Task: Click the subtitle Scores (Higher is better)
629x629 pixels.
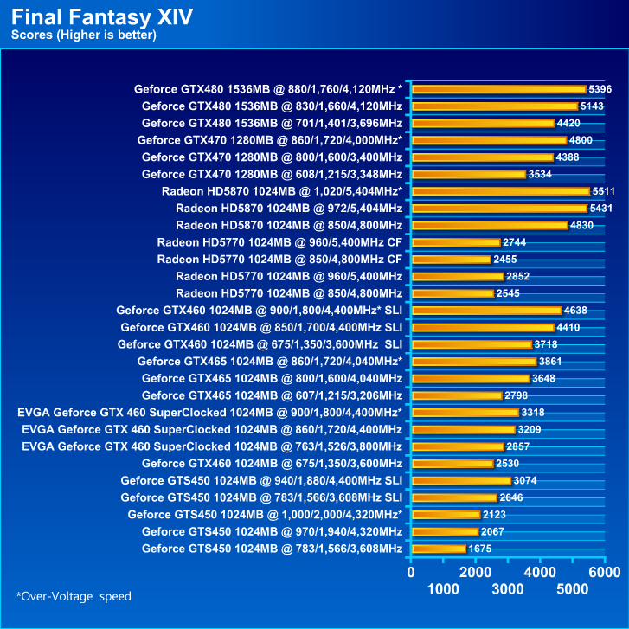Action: pos(83,35)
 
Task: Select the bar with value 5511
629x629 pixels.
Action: pos(500,191)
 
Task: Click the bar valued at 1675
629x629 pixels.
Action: pos(440,549)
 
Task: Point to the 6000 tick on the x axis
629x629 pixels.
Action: pos(605,572)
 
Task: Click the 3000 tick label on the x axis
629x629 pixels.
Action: pos(508,589)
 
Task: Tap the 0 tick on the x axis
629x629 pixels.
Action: pos(412,572)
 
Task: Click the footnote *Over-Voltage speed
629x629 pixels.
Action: pos(74,596)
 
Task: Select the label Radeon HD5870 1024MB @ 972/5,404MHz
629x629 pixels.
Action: pos(288,209)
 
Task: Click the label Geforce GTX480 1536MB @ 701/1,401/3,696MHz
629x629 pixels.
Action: pos(272,123)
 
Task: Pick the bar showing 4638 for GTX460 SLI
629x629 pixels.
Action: pos(487,311)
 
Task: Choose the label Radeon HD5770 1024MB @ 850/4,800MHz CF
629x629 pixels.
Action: pos(279,260)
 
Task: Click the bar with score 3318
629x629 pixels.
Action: pos(465,413)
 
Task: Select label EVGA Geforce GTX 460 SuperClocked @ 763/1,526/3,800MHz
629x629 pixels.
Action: pos(212,446)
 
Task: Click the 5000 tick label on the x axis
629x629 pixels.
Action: pos(573,589)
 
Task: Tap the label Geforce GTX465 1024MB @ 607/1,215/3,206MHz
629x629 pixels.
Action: pos(272,395)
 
